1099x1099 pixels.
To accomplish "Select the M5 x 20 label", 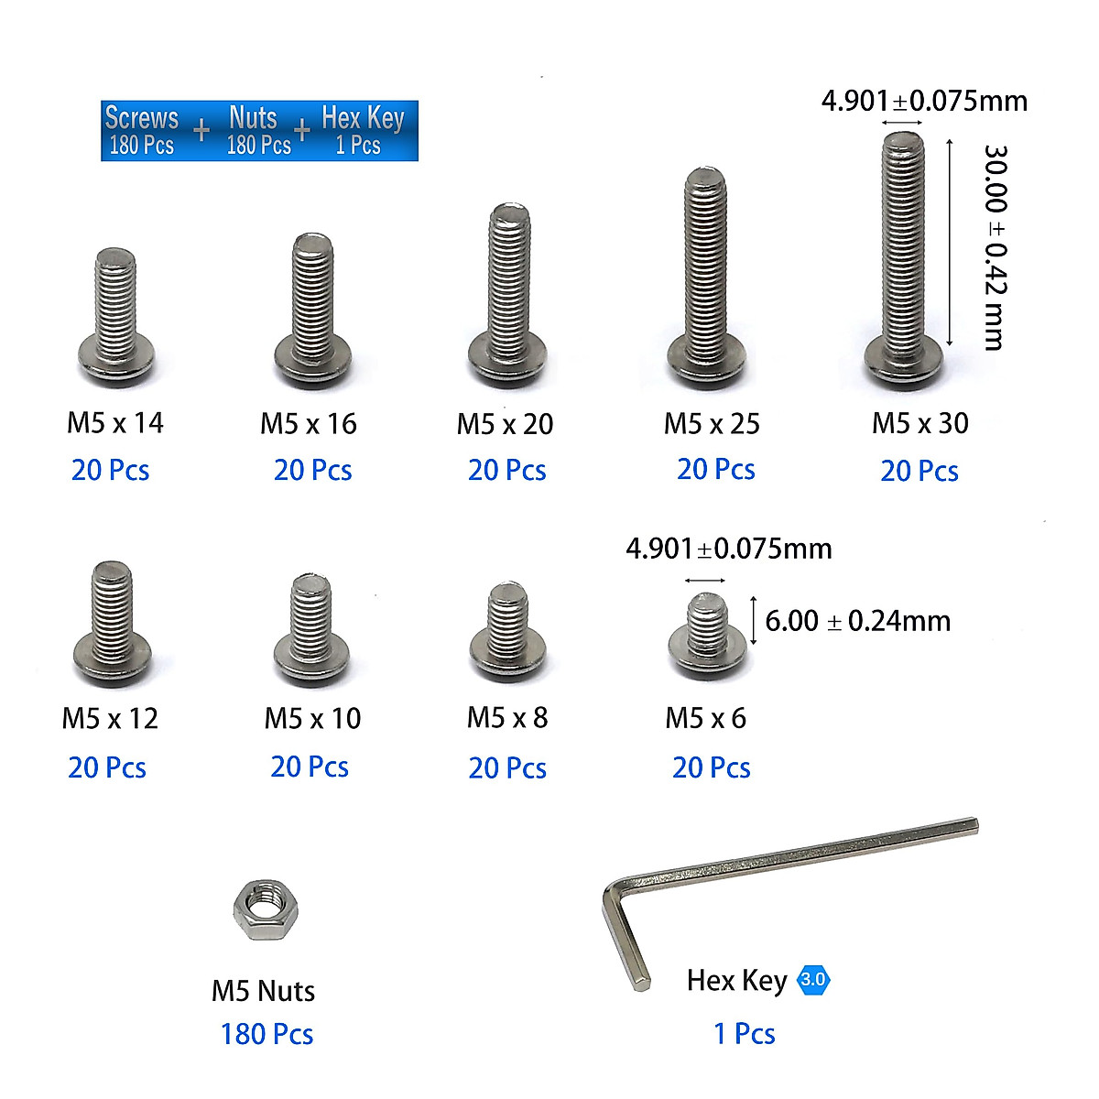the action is click(505, 424).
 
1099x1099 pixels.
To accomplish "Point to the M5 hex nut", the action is click(266, 909).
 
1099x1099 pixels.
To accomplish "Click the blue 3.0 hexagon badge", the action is click(812, 979).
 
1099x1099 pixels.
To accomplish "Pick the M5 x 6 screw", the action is click(707, 635).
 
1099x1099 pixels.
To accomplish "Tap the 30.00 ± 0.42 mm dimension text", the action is click(996, 247).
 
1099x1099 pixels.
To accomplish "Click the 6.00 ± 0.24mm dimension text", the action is click(857, 621).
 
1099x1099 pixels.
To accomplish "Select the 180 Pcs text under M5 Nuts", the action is click(267, 1033).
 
